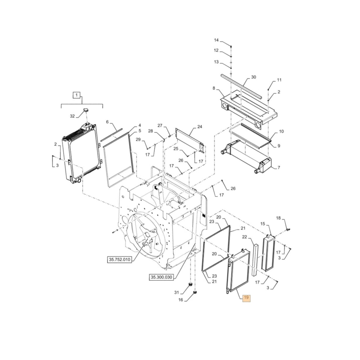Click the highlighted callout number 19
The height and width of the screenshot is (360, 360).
click(x=247, y=298)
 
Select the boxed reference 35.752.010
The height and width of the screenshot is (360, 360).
click(x=120, y=259)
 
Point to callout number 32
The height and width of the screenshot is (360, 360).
click(x=72, y=116)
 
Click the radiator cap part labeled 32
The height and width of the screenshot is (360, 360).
click(x=86, y=109)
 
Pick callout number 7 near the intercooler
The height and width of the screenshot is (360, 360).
click(x=278, y=168)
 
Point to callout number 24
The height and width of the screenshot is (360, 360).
click(x=200, y=127)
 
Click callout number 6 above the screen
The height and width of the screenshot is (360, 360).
click(x=107, y=122)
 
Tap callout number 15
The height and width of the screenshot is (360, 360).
click(x=263, y=224)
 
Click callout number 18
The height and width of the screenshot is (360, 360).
click(x=278, y=218)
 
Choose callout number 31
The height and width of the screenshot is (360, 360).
click(x=176, y=292)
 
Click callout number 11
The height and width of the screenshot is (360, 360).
click(x=279, y=80)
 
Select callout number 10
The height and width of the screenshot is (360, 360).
click(x=281, y=131)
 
